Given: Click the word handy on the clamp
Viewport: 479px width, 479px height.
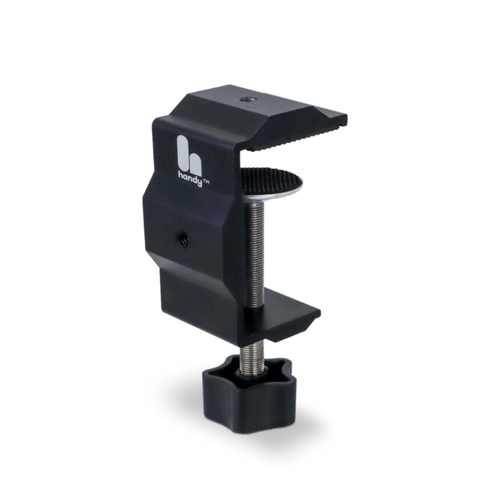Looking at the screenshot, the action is [190, 178].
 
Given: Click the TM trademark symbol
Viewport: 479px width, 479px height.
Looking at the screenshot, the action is [206, 182].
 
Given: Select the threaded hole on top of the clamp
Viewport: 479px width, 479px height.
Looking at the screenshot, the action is [245, 99].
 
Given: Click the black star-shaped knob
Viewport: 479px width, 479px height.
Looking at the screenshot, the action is [250, 394].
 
